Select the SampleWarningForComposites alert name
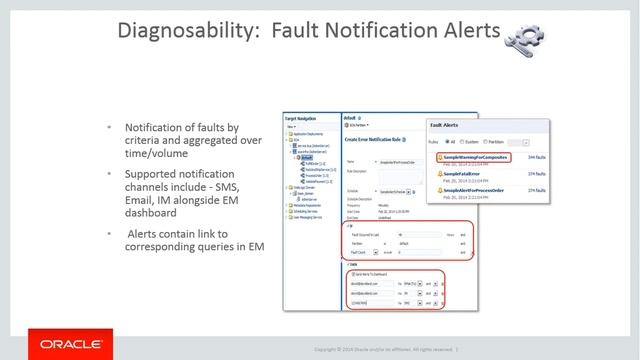tap(476, 157)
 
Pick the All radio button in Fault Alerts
tap(452, 141)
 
